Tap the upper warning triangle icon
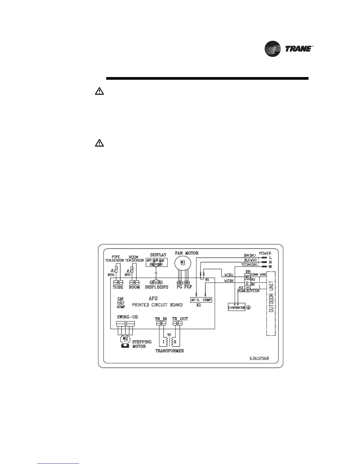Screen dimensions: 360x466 click(x=99, y=91)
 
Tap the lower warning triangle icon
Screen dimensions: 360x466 click(x=99, y=143)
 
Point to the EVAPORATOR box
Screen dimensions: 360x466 click(x=236, y=307)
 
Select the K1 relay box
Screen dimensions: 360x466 click(x=201, y=300)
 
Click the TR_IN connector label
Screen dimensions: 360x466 click(x=161, y=319)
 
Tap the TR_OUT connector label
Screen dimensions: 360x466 click(x=180, y=319)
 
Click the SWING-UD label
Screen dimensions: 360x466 click(x=127, y=317)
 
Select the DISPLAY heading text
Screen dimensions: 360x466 click(x=158, y=255)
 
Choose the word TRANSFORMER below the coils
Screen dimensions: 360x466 click(x=169, y=351)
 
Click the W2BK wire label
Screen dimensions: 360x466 click(x=229, y=281)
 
